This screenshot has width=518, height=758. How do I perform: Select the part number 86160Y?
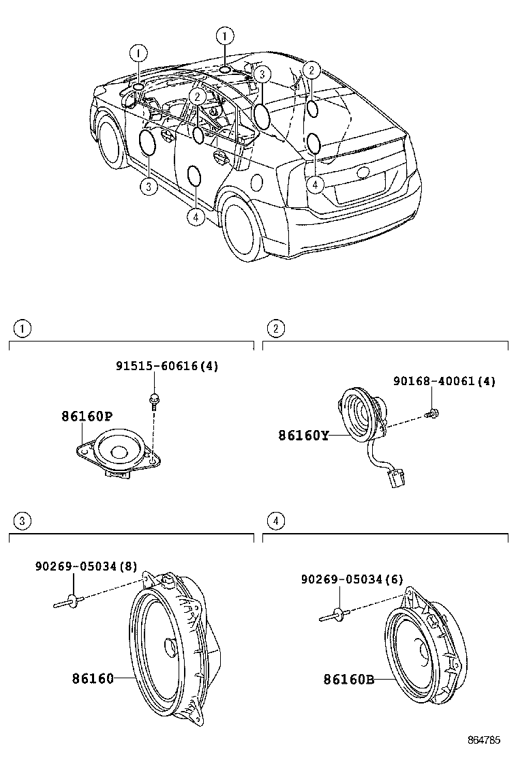pyautogui.click(x=303, y=434)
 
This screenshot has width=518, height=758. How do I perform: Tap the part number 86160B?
pyautogui.click(x=349, y=679)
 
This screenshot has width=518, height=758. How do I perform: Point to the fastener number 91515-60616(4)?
pyautogui.click(x=167, y=366)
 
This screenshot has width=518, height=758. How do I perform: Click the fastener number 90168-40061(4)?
pyautogui.click(x=444, y=382)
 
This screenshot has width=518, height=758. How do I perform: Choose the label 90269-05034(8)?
pyautogui.click(x=86, y=565)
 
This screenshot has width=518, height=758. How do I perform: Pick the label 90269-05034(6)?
pyautogui.click(x=352, y=579)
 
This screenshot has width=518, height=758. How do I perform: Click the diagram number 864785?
pyautogui.click(x=484, y=740)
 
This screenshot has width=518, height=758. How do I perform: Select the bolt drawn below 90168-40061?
pyautogui.click(x=431, y=412)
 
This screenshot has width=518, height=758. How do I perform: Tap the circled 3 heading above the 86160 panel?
pyautogui.click(x=22, y=522)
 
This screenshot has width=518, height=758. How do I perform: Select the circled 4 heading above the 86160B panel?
pyautogui.click(x=275, y=522)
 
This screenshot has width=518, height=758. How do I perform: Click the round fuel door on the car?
pyautogui.click(x=257, y=182)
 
